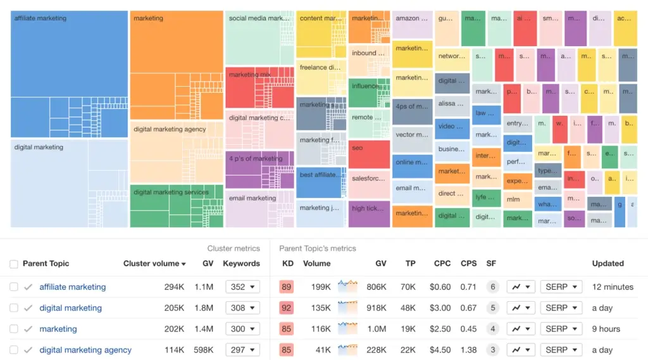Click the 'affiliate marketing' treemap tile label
(x=40, y=18)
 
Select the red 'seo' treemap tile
(x=369, y=154)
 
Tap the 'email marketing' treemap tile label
(x=252, y=198)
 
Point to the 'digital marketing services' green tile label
(x=171, y=192)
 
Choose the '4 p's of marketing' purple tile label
(x=256, y=159)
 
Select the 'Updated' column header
(x=607, y=263)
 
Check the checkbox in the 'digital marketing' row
(x=14, y=308)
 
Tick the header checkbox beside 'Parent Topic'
(x=14, y=264)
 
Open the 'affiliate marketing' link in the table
(x=73, y=287)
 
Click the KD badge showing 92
(x=286, y=308)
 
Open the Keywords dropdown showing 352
(x=242, y=287)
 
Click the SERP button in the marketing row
(x=561, y=329)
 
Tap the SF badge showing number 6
(x=492, y=287)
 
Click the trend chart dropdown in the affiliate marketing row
(x=521, y=287)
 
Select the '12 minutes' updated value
(x=613, y=287)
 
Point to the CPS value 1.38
(x=468, y=350)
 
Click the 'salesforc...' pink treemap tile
(x=369, y=183)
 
